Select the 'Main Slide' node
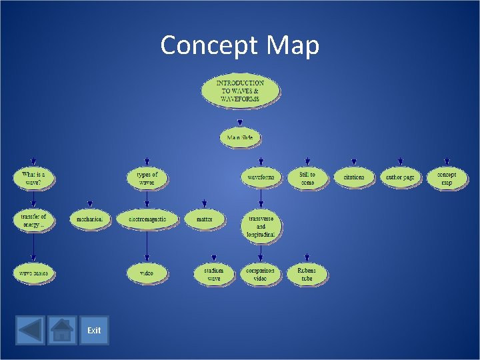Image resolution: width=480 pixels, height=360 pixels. click(240, 137)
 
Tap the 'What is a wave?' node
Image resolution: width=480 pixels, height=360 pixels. click(33, 178)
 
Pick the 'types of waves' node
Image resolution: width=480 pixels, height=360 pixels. click(147, 178)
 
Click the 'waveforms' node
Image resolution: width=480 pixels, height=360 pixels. click(261, 177)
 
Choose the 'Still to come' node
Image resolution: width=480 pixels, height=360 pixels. click(307, 178)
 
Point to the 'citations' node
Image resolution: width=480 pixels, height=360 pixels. click(354, 177)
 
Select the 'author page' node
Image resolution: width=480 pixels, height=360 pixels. click(400, 177)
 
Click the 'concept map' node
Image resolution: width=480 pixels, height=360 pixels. click(447, 178)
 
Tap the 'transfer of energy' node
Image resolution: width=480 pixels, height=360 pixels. click(33, 219)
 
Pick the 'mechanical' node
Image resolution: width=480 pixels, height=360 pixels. click(90, 219)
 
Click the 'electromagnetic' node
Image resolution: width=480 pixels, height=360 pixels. click(147, 219)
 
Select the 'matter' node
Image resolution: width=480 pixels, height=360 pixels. click(205, 219)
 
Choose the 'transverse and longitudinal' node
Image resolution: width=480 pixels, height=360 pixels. click(261, 226)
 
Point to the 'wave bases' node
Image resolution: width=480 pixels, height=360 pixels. click(33, 273)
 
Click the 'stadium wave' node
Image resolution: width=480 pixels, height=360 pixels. click(214, 274)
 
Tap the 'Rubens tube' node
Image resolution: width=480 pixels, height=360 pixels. click(307, 274)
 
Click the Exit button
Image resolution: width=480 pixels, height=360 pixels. click(94, 330)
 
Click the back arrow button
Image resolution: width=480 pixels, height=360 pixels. click(30, 330)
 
